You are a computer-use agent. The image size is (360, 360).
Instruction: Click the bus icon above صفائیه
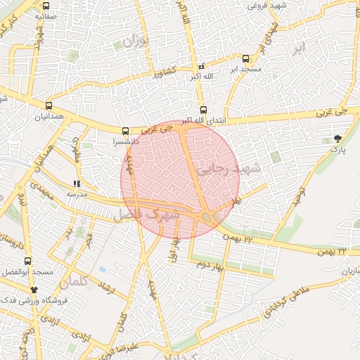46,5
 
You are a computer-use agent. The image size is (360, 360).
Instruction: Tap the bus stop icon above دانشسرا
125,131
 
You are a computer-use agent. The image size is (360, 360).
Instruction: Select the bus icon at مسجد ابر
245,59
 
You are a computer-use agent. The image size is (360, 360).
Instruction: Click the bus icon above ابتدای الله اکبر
203,110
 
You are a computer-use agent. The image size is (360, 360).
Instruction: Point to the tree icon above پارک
337,139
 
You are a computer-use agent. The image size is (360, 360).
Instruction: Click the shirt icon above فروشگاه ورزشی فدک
33,289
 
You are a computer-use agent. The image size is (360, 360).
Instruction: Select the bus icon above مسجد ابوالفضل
27,262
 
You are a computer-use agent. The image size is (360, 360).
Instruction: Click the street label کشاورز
165,73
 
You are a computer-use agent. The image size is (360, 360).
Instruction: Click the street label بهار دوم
209,263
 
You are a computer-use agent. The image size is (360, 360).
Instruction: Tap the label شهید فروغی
247,5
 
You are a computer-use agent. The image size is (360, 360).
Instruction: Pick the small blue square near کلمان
103,269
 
